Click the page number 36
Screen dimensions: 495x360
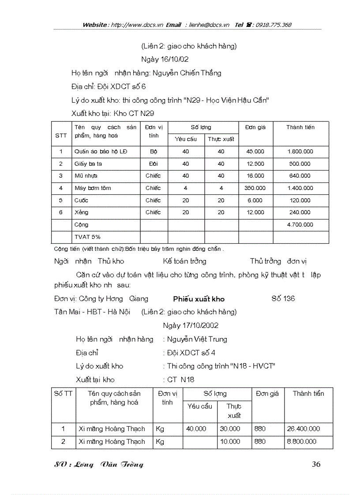pos(316,464)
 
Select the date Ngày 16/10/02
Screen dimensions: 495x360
pos(165,59)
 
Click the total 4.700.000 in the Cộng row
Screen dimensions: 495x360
pos(300,225)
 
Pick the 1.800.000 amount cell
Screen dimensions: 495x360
pos(300,152)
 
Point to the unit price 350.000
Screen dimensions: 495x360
pos(255,188)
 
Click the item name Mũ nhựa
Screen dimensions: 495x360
pos(86,176)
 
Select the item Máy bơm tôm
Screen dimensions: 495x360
pos(93,188)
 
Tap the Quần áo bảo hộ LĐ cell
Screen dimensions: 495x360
pos(101,152)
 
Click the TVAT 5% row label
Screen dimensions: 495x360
pos(87,237)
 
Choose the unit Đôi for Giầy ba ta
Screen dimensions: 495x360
pos(153,164)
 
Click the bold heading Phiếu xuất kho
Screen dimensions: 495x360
pos(199,299)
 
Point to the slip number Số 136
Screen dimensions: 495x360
pos(283,299)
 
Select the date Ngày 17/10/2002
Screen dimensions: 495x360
pos(190,326)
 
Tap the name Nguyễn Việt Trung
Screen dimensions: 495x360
pos(197,339)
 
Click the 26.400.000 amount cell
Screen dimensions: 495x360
pos(303,429)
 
